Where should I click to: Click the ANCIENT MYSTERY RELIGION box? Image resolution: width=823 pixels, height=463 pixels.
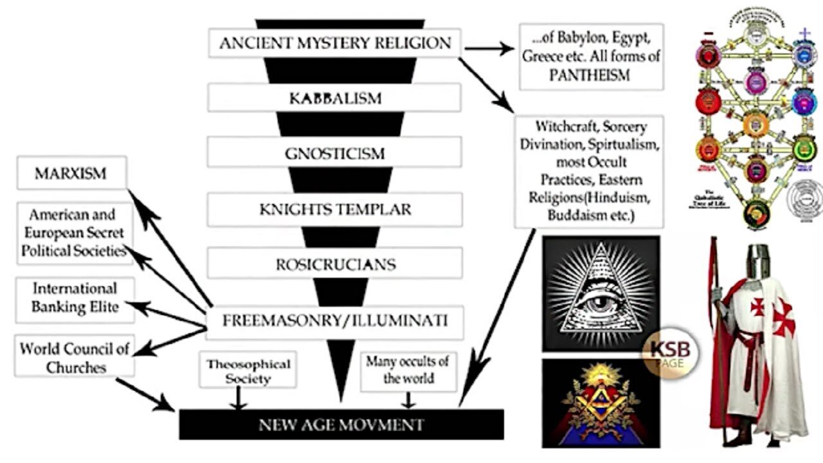click(334, 44)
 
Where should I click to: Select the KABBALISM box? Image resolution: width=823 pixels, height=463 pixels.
click(334, 98)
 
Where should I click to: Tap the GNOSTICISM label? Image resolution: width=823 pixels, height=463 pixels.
click(334, 154)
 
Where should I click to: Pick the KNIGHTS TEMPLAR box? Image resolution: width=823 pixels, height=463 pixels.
click(334, 210)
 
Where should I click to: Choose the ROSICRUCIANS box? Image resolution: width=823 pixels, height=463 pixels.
click(334, 264)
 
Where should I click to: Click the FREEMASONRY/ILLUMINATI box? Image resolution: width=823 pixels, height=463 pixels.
click(334, 320)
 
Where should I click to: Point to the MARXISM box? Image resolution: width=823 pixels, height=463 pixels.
click(71, 174)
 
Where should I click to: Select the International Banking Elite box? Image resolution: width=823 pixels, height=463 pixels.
click(75, 297)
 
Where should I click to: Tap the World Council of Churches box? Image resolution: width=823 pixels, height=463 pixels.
click(75, 358)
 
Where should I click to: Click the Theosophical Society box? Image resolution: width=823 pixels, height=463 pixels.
click(248, 371)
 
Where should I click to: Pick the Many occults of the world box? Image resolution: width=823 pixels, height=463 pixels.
click(408, 370)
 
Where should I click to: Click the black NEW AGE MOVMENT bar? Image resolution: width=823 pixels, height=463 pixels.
click(341, 424)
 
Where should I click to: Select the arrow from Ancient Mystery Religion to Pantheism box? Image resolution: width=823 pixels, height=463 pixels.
click(489, 48)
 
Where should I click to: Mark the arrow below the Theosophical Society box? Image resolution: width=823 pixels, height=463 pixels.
click(239, 399)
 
